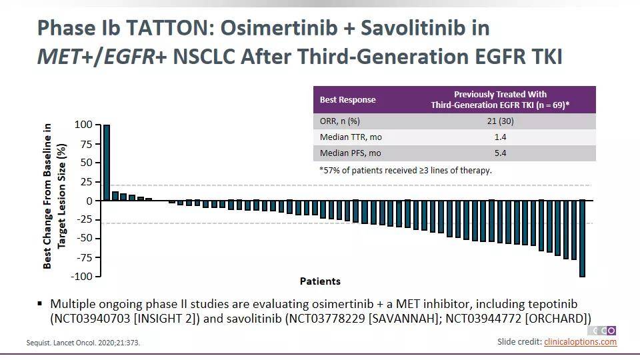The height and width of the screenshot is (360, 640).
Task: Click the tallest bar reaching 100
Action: [107, 162]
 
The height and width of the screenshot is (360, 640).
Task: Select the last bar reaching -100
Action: [582, 238]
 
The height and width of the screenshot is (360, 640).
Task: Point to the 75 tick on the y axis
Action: [84, 143]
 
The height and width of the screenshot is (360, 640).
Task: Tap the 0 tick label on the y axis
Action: [88, 201]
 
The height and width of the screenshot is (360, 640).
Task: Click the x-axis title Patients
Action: [320, 281]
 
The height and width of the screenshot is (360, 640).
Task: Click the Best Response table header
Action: [347, 100]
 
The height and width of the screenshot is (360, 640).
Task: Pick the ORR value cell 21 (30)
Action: [501, 121]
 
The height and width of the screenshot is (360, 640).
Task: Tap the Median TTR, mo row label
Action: [351, 137]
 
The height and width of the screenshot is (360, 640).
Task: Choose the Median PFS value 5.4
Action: [501, 153]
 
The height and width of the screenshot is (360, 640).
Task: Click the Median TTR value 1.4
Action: [501, 137]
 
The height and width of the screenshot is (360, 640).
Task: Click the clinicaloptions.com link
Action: [580, 342]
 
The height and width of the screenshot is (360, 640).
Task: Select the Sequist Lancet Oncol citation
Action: [83, 343]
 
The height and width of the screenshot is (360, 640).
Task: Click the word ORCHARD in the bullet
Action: [557, 319]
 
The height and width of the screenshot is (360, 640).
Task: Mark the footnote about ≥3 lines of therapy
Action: [406, 170]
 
